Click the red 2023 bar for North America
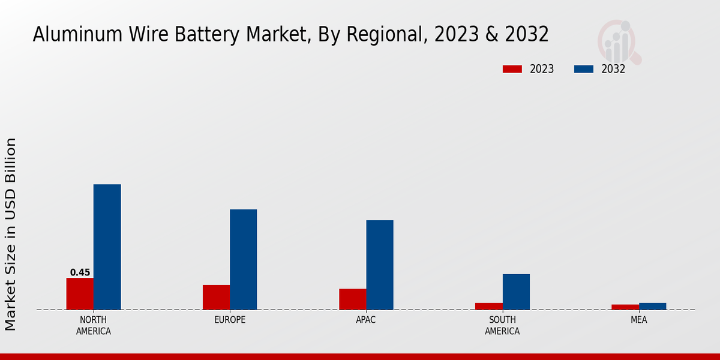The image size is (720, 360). (x=80, y=294)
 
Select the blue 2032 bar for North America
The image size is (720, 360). (x=107, y=247)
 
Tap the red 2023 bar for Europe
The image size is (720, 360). (x=216, y=298)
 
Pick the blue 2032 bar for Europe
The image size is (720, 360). (x=243, y=260)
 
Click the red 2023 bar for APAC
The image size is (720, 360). (x=352, y=299)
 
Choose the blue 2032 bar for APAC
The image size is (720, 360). (x=380, y=265)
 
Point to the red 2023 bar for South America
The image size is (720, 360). (x=489, y=307)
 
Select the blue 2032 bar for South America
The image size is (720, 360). (x=516, y=292)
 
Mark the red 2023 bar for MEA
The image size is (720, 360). (x=625, y=307)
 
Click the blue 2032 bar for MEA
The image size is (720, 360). (x=652, y=307)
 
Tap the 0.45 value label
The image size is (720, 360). (x=80, y=272)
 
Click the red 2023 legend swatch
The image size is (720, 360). (x=512, y=69)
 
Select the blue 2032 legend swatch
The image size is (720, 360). (x=583, y=69)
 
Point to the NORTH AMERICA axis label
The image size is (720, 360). (x=94, y=325)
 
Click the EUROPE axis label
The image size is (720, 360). (x=230, y=320)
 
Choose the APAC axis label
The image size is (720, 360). (x=366, y=320)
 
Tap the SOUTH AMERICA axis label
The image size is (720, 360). (x=502, y=325)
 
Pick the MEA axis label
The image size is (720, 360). (x=638, y=320)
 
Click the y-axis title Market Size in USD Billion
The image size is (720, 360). (x=11, y=234)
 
